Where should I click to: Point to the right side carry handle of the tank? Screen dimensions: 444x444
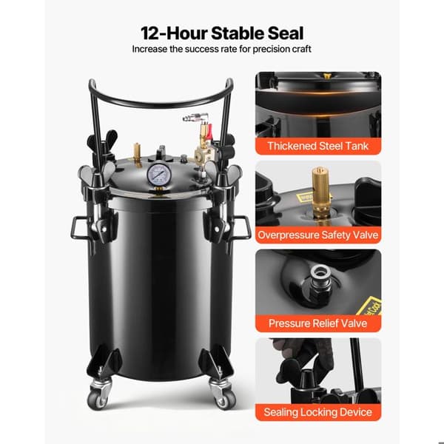tap(242, 228)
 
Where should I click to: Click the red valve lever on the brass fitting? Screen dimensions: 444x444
tap(209, 132)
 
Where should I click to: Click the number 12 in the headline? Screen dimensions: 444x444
tap(152, 33)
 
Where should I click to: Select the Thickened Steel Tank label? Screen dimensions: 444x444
tap(317, 146)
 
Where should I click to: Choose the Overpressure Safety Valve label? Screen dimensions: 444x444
tap(317, 235)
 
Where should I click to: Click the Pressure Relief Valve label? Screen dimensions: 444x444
tap(317, 323)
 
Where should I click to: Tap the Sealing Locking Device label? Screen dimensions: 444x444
tap(317, 412)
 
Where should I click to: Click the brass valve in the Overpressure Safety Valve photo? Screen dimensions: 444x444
tap(321, 192)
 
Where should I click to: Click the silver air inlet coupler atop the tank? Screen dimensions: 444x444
tap(195, 116)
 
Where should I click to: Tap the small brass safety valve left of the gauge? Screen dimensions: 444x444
tap(138, 155)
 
